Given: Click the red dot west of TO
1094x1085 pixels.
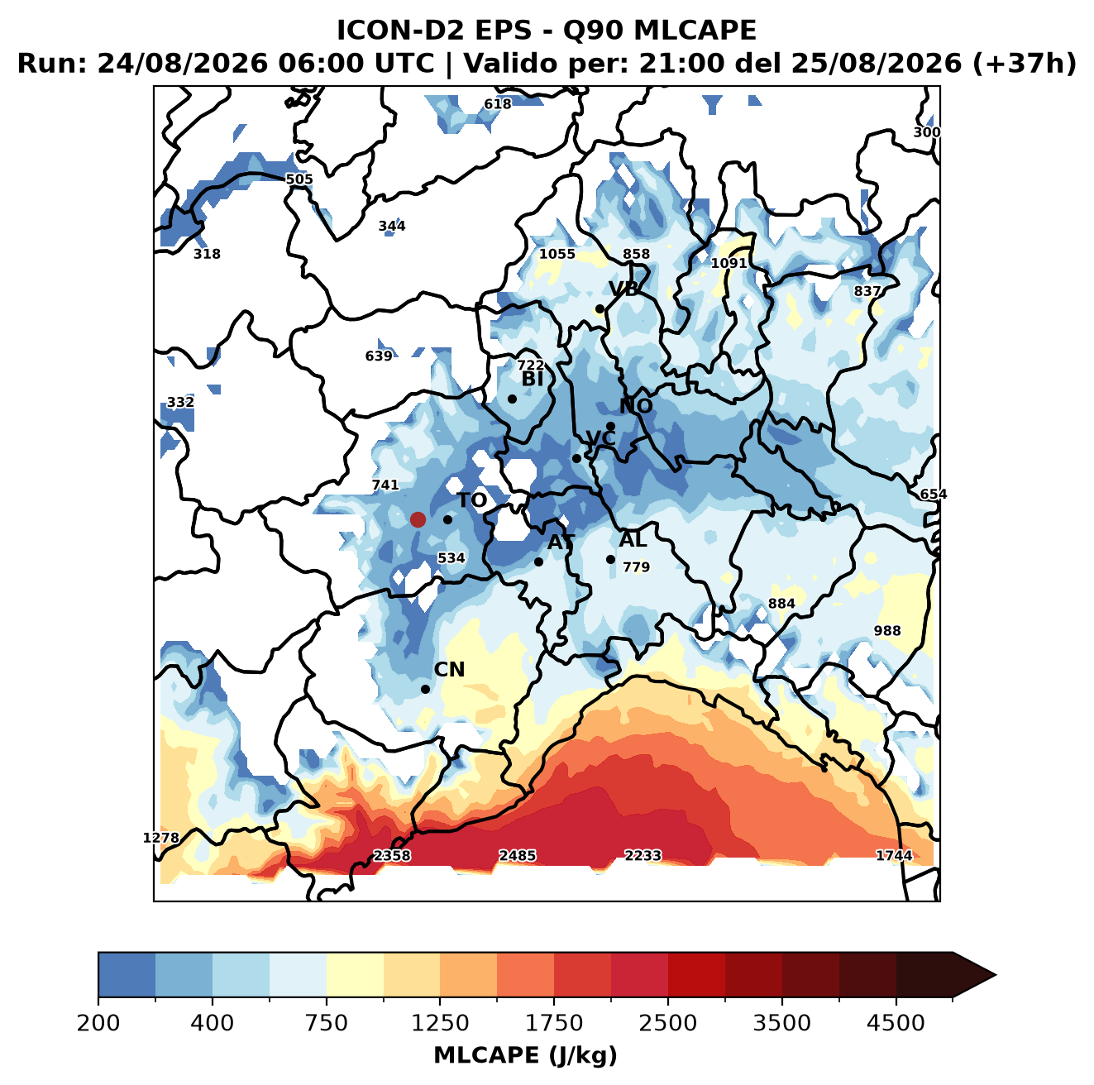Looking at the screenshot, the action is pos(418,519).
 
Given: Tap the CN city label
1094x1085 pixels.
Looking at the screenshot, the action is pos(449,669).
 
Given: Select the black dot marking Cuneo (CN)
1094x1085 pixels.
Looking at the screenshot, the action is pos(425,689).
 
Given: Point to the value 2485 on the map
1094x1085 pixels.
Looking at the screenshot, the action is pos(517,855).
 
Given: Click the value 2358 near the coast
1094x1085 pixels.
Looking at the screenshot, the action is pos(392,855).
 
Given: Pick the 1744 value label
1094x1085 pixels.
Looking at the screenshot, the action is pos(894,855).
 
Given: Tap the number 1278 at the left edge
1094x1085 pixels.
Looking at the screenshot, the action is pos(160,838).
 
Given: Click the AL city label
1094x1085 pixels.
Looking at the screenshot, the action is pos(633,539).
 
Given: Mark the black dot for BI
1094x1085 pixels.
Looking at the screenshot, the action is pos(512,399).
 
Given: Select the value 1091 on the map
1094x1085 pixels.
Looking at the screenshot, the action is pos(729,263).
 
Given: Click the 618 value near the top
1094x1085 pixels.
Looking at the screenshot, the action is pos(497,104).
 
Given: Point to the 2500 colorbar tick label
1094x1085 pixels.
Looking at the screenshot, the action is pos(667,1022).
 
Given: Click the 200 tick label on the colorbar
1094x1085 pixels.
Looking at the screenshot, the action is pos(98,1022).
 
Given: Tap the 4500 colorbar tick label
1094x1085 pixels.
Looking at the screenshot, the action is pos(896,1022).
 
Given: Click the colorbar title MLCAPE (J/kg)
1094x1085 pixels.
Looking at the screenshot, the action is pos(525,1055).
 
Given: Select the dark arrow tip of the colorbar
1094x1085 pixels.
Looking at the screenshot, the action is pos(996,976).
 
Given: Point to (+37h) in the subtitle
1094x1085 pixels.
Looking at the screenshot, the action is pos(1025,64).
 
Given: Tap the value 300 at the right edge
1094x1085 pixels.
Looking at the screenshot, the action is pos(926,132).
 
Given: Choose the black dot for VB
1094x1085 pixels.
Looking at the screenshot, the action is pos(600,308).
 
